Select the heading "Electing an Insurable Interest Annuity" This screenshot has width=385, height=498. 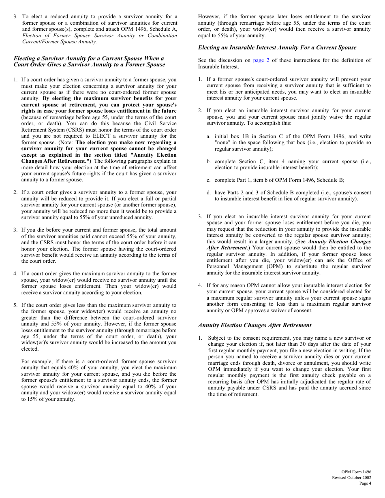tap(277, 47)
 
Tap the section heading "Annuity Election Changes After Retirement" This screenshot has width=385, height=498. tap(255, 325)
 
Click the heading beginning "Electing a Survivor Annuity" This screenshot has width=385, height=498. tap(89, 62)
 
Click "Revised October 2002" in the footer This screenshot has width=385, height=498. tap(351, 477)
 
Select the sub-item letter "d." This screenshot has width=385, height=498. tap(209, 192)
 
